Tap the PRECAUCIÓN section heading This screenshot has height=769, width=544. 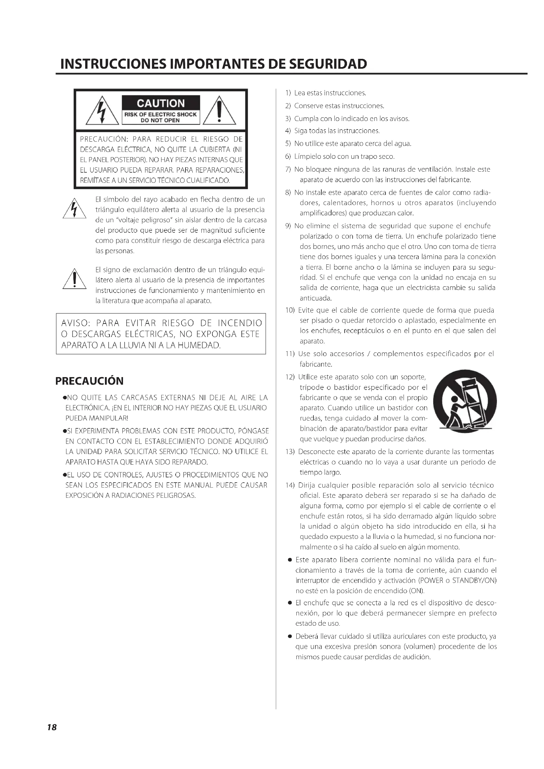89,381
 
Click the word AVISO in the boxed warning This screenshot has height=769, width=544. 76,323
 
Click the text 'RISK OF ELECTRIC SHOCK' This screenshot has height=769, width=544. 161,114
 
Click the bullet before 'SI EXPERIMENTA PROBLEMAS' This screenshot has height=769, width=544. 64,431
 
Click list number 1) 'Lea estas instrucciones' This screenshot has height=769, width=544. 288,93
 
